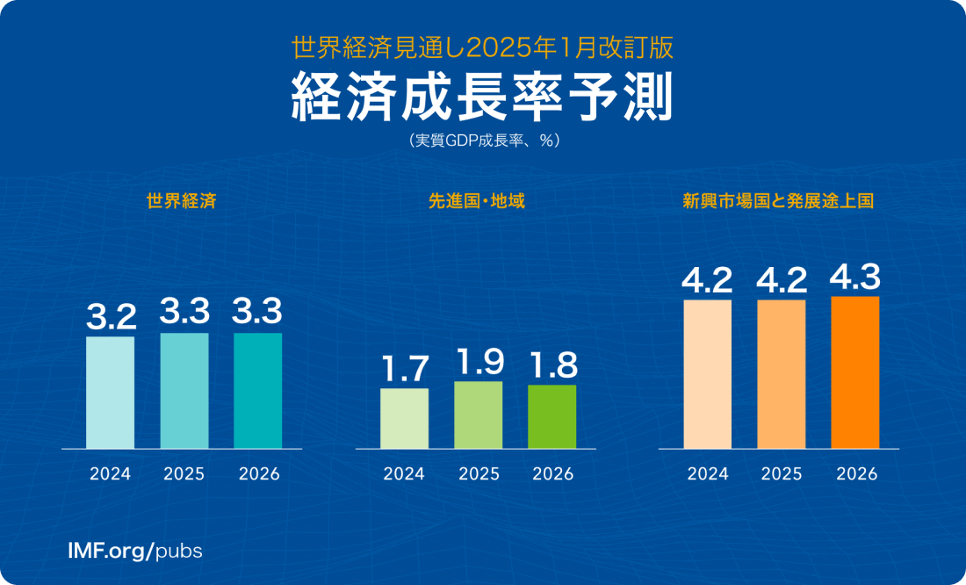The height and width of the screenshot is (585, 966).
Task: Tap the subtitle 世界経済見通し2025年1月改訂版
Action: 482,46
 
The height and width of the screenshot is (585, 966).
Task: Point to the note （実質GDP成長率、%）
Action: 482,140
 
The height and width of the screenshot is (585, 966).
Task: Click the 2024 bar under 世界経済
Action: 110,392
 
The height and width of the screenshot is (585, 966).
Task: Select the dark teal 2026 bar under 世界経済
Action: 257,390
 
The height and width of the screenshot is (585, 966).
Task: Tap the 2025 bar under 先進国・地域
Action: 479,415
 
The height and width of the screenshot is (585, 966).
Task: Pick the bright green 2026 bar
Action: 552,416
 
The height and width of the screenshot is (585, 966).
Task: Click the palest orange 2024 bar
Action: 707,373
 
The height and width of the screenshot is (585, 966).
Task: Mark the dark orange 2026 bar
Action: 854,372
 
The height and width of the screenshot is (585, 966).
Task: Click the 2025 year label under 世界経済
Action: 184,474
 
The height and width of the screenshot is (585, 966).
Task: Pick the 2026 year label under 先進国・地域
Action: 552,474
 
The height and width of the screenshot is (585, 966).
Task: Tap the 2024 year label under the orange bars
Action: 707,474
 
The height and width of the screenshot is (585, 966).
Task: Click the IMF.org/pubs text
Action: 135,552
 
